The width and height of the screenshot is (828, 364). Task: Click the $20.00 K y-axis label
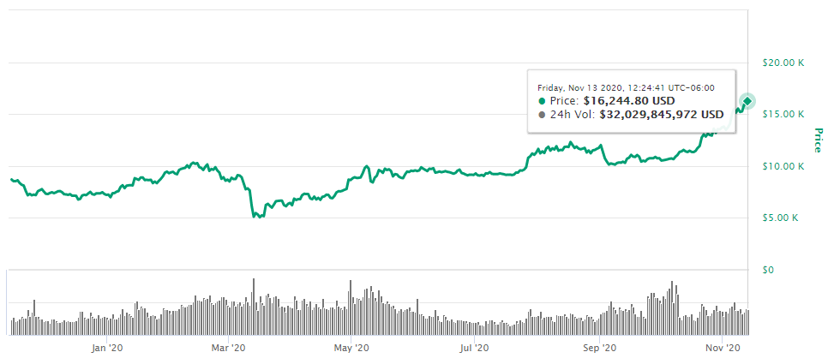(783, 63)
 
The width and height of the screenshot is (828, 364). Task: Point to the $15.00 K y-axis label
(783, 114)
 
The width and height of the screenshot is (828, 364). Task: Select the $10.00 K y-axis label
(783, 166)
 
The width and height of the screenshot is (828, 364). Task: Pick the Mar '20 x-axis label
(229, 349)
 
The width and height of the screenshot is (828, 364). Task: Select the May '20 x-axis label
(351, 349)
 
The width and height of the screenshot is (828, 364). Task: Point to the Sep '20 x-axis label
(599, 349)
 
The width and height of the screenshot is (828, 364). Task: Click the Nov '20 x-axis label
(721, 349)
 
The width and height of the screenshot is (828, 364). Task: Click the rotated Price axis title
(818, 140)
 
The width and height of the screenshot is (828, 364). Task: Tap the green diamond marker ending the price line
(747, 102)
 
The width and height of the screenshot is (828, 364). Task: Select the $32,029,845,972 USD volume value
(661, 114)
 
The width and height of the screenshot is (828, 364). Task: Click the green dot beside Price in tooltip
(542, 100)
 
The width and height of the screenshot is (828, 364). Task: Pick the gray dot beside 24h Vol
(542, 114)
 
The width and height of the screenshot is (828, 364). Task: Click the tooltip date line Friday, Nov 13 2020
(626, 87)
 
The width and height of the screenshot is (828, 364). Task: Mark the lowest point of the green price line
(255, 218)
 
